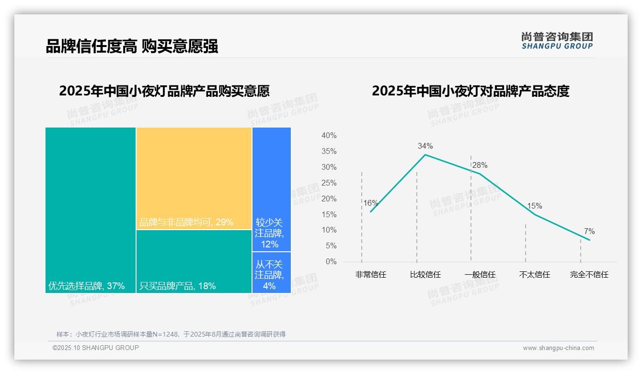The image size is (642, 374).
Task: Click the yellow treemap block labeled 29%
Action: click(194, 178)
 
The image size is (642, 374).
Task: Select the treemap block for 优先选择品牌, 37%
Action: click(91, 210)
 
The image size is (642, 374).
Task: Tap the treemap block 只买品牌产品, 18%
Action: click(194, 261)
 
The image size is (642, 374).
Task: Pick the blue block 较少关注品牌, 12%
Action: click(271, 189)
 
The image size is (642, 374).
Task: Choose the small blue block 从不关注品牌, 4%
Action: click(271, 272)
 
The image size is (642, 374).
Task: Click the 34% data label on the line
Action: click(425, 146)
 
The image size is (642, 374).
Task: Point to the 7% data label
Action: click(589, 232)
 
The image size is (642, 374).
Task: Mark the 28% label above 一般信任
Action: click(480, 165)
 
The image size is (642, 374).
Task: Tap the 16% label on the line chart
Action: click(370, 203)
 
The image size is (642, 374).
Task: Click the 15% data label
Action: click(535, 206)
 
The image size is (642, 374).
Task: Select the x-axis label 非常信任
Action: click(370, 275)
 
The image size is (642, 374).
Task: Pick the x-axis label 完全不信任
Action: click(589, 275)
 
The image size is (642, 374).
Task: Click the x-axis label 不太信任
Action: click(535, 275)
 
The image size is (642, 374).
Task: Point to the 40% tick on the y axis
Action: click(329, 136)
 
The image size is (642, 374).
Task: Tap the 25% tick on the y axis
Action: click(329, 183)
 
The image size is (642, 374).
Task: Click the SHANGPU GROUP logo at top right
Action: click(557, 40)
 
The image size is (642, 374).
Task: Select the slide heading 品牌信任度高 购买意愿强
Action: click(132, 46)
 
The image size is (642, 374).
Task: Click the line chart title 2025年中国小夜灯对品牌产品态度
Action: click(470, 91)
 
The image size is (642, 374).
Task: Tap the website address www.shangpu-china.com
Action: click(558, 348)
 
